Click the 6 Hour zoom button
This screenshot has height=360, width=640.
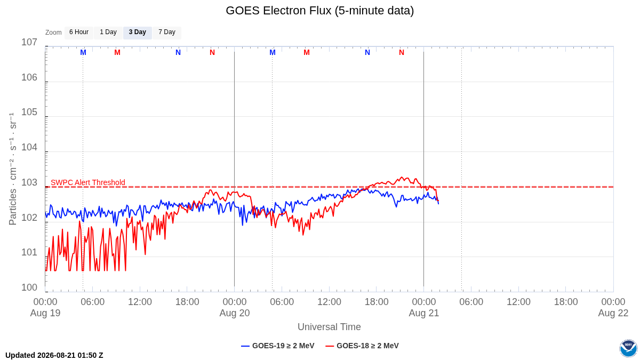79,33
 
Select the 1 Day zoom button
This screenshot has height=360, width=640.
108,33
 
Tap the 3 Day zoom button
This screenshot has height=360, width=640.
138,33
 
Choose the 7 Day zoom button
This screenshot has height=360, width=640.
167,33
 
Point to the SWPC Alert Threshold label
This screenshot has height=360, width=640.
88,182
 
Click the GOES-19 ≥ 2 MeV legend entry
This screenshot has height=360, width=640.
278,346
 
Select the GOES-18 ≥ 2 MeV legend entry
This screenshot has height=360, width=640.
362,346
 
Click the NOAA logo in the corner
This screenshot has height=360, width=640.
629,348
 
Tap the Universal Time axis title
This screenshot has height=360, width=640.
329,327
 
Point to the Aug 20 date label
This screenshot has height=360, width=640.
235,313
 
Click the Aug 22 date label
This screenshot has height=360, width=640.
613,313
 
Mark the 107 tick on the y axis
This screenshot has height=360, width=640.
29,42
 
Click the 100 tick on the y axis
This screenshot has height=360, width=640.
29,287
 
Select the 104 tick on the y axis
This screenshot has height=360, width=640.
29,147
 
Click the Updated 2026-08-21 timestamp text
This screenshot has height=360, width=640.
54,355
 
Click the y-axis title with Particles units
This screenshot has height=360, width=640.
13,169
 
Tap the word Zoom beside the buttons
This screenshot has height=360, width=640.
53,33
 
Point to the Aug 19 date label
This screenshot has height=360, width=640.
45,313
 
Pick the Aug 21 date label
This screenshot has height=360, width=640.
423,313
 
